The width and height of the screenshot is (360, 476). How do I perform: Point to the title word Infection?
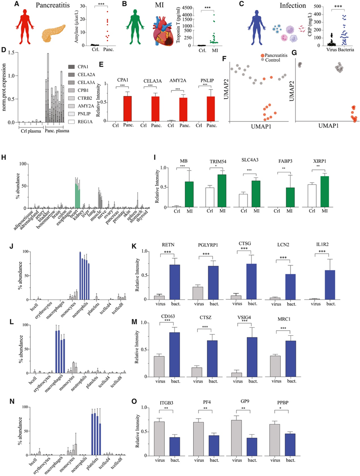293,6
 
